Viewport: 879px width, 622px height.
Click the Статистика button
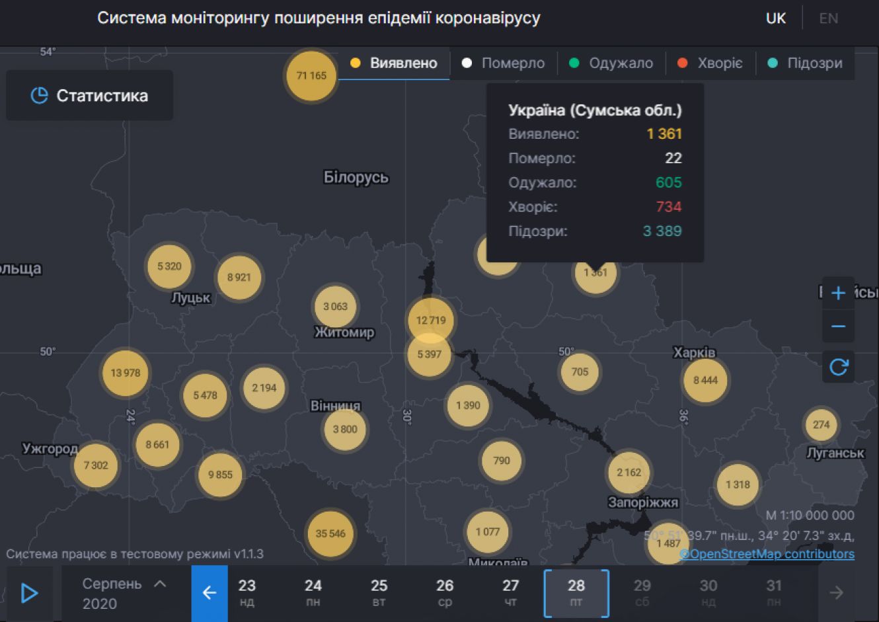[x=90, y=96]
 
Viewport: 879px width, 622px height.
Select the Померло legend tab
[x=504, y=63]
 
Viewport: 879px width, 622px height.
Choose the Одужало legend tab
[x=611, y=63]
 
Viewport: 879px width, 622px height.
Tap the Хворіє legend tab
[x=710, y=63]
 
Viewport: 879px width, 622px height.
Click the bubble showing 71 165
[x=311, y=76]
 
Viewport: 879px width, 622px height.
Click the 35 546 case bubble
[x=330, y=533]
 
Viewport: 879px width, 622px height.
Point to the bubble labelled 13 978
[x=126, y=373]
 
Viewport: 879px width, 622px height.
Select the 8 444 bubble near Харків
[x=705, y=380]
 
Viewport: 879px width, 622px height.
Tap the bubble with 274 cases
[x=821, y=425]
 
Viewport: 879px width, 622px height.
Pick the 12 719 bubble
[x=431, y=320]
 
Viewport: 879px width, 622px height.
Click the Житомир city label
[x=344, y=332]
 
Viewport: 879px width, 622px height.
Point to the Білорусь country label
[x=356, y=177]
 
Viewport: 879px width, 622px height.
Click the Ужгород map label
[x=50, y=449]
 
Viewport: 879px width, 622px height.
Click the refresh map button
[x=838, y=367]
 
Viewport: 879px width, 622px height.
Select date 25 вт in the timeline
[x=379, y=592]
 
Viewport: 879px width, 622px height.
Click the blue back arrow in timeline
[x=210, y=593]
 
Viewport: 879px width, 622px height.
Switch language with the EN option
[x=828, y=19]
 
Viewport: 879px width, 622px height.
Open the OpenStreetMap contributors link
[x=767, y=554]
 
